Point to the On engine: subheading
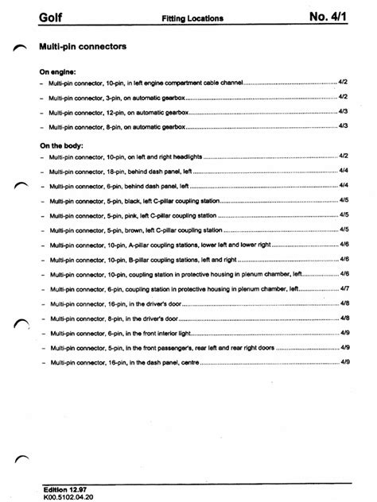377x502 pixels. coord(56,71)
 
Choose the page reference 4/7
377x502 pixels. coord(344,288)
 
